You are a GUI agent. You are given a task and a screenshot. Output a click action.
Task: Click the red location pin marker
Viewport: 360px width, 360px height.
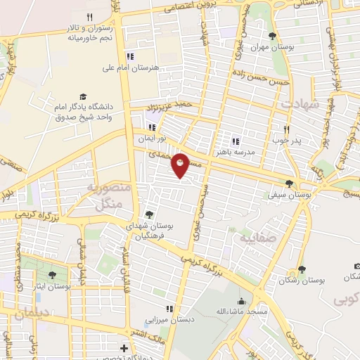coord(181,165)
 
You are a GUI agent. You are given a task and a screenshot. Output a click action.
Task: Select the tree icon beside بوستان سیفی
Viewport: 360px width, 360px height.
coord(289,184)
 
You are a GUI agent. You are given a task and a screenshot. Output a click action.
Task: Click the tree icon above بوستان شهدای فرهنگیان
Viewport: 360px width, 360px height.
coord(148,214)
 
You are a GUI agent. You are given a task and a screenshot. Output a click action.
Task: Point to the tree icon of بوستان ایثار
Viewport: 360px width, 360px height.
coord(53,275)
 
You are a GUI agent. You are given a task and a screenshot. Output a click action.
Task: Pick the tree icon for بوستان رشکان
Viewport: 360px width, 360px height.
coord(302,269)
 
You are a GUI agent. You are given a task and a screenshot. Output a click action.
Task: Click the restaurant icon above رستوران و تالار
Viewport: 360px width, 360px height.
coord(89,17)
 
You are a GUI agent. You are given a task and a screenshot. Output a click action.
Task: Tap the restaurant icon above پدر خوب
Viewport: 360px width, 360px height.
coord(286,129)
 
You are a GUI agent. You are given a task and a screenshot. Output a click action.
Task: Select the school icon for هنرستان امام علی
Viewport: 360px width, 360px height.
coord(129,56)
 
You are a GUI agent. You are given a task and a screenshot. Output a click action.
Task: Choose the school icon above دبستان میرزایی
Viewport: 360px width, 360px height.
coord(169,308)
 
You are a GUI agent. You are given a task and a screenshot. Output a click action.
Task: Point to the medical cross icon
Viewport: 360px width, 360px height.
coord(124,348)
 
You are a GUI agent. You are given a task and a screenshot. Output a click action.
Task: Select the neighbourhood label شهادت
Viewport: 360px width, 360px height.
coord(300,103)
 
